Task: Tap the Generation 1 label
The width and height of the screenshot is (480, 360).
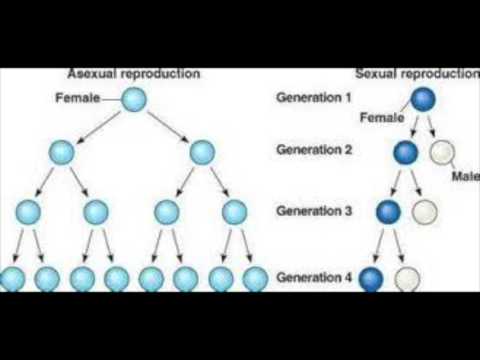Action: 312,97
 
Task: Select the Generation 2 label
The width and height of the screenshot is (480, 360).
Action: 312,152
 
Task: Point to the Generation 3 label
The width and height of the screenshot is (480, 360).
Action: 312,212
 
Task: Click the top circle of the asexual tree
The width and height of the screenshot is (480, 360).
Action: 135,99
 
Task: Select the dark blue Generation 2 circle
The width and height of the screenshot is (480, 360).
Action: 406,153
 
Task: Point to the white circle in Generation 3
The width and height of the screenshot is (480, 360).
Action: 425,212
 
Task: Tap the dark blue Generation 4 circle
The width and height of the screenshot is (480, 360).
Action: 372,278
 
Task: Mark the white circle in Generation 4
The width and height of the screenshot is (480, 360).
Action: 406,278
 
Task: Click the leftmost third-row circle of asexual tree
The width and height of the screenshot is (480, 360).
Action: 28,212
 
